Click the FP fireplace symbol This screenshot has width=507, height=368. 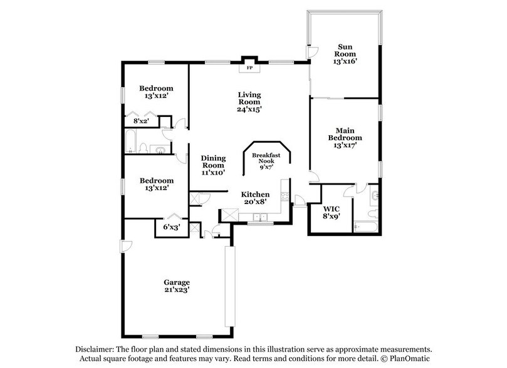pos(249,67)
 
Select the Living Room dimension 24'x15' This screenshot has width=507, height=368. pos(249,108)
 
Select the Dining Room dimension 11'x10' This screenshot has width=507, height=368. pos(212,171)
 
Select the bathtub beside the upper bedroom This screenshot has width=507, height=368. pos(131,143)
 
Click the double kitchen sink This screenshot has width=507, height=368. pos(258,217)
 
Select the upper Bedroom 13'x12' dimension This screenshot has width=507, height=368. pos(155,97)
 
